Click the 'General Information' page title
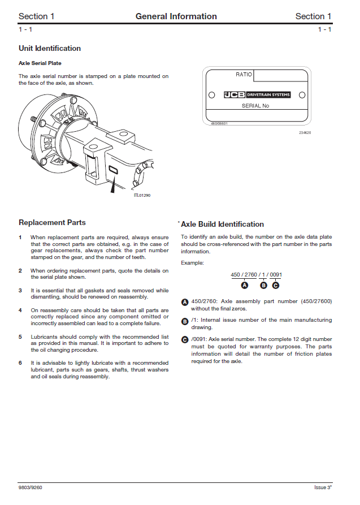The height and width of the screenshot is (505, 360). (x=176, y=16)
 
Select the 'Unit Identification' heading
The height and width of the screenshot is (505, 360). (x=50, y=49)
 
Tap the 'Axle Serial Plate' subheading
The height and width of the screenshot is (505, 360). (x=40, y=63)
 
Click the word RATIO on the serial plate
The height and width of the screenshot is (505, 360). (x=244, y=75)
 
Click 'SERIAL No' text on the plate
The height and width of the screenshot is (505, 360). (x=255, y=106)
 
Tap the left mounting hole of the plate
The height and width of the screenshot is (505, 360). (x=211, y=95)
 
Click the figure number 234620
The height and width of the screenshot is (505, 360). (x=305, y=132)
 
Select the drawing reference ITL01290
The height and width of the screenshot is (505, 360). (x=142, y=195)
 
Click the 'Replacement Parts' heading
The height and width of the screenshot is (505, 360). (x=52, y=223)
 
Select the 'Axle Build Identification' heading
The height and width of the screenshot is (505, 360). (x=222, y=225)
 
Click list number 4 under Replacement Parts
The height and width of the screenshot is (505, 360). (x=20, y=310)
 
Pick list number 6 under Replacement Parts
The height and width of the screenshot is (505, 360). (x=20, y=362)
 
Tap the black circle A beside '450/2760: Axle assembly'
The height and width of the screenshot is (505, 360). (x=185, y=303)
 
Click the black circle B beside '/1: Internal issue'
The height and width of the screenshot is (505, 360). (x=185, y=321)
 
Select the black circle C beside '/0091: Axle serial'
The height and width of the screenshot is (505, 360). (x=185, y=340)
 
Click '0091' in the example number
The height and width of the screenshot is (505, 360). (x=276, y=275)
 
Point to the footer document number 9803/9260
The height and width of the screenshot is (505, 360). (x=30, y=487)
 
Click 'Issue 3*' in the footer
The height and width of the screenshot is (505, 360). (x=323, y=487)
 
